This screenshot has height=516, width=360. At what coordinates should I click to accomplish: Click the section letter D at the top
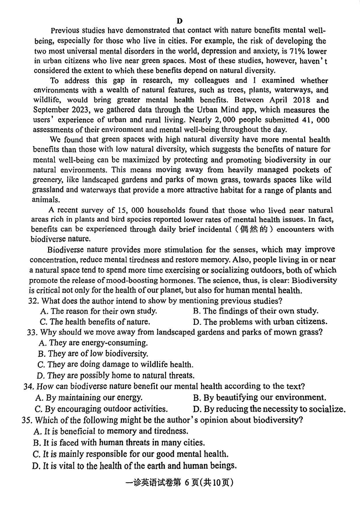180,21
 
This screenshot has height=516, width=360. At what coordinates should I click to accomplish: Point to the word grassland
47,190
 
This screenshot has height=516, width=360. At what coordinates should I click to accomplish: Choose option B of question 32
256,311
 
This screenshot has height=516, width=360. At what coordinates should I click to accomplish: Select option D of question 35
135,466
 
